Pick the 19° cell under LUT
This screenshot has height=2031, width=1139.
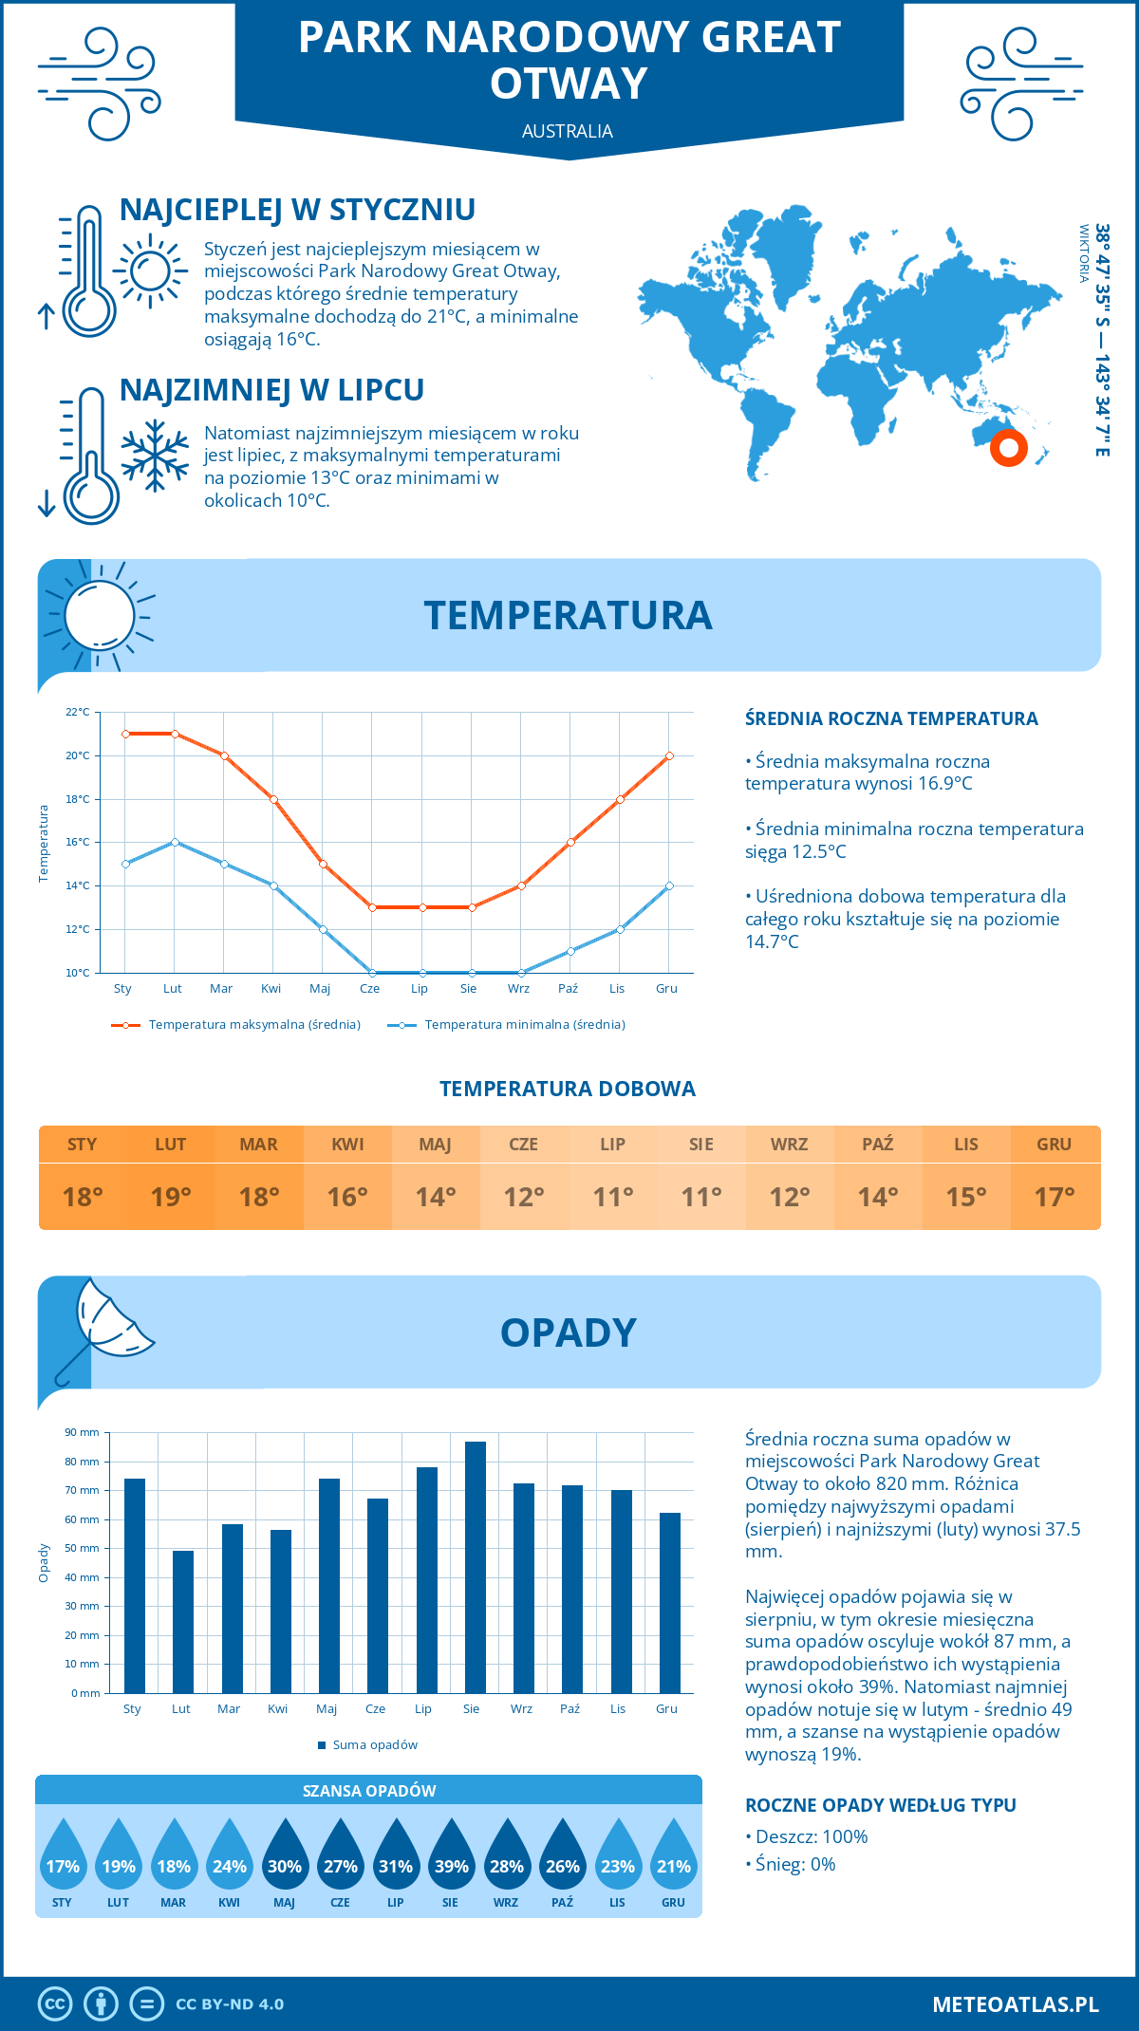(x=171, y=1197)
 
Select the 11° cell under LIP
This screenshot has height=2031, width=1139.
(x=612, y=1197)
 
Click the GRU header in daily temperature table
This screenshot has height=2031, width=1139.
(x=1054, y=1144)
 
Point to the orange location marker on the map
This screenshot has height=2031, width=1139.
(x=1008, y=447)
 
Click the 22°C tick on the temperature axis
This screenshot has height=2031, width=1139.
(x=78, y=712)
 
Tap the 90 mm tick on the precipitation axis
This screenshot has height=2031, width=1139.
(x=82, y=1432)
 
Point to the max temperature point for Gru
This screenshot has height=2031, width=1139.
(x=669, y=755)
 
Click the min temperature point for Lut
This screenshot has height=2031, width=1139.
(x=175, y=842)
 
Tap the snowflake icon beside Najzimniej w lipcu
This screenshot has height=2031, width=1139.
(x=155, y=456)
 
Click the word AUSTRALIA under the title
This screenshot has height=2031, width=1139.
(x=568, y=131)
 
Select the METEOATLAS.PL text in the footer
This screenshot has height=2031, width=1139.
(x=1015, y=2003)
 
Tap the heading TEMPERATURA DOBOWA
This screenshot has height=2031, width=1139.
(x=568, y=1089)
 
